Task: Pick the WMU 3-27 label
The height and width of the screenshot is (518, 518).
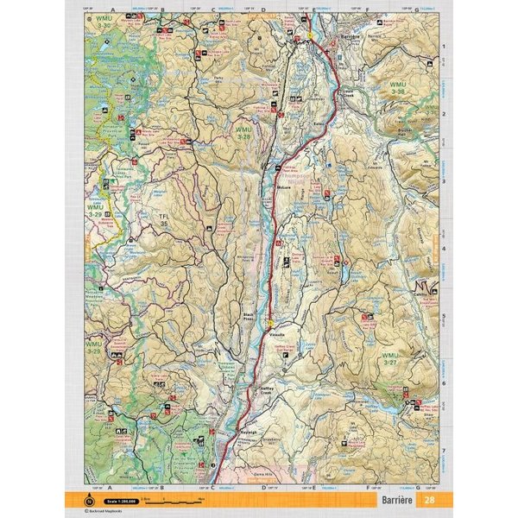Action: pos(390,358)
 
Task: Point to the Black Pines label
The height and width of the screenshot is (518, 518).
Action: pos(251,317)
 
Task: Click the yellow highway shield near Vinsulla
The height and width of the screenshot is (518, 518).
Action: pos(270,323)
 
